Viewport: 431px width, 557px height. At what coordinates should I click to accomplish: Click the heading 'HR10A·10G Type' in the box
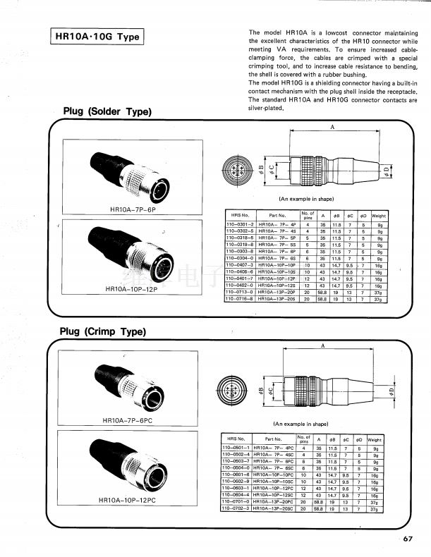tap(98, 37)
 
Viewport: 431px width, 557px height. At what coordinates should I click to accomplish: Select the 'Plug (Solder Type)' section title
tap(107, 111)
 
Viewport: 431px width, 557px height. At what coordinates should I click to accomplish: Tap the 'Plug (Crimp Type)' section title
tap(103, 331)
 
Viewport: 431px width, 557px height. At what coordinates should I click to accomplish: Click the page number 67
tap(408, 539)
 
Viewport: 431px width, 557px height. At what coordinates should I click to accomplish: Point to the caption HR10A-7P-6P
tap(133, 210)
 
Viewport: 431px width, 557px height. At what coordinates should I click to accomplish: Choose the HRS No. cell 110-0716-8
tap(240, 299)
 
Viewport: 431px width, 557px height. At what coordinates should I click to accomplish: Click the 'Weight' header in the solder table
tap(379, 215)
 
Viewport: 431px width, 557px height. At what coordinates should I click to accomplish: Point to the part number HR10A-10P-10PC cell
tap(273, 475)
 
